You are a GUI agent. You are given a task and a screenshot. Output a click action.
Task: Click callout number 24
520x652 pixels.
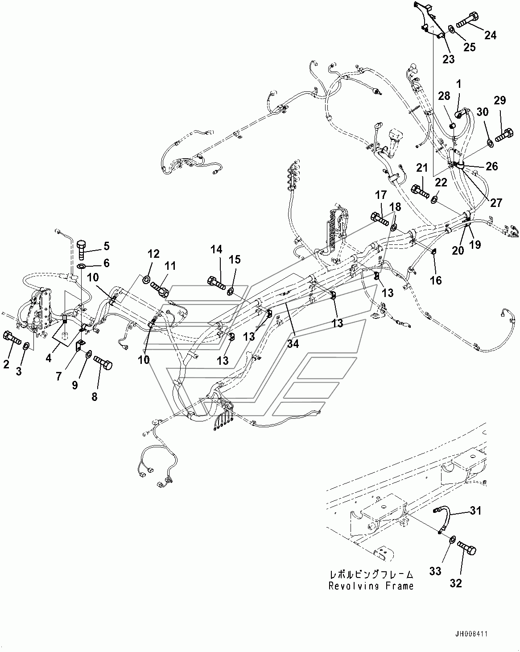(x=490, y=34)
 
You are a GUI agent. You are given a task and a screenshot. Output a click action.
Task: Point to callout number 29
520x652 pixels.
(x=499, y=100)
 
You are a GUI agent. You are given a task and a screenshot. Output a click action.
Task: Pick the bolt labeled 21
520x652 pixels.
(x=419, y=191)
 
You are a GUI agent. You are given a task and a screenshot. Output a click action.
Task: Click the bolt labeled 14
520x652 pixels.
(x=216, y=282)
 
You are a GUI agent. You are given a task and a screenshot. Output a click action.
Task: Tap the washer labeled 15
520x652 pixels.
(x=231, y=291)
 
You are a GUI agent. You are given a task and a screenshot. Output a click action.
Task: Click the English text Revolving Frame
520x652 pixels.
(x=371, y=586)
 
